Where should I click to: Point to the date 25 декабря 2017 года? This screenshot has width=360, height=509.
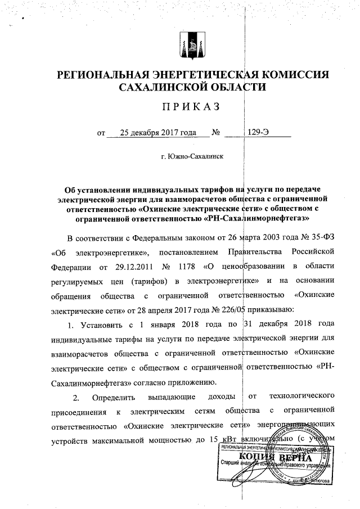[158, 133]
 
